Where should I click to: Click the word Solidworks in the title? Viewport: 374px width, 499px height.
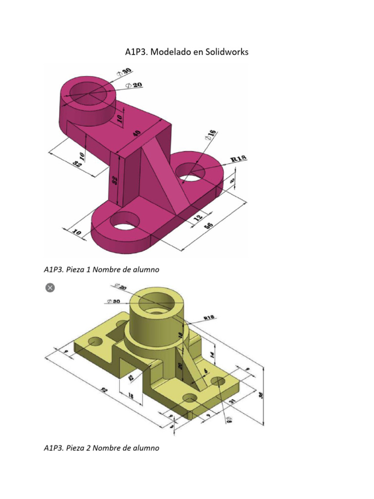pyautogui.click(x=224, y=52)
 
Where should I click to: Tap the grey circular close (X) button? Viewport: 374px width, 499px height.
pyautogui.click(x=49, y=288)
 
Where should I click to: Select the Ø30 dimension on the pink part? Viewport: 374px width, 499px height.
pyautogui.click(x=124, y=74)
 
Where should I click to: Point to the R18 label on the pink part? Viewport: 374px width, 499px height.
pyautogui.click(x=239, y=158)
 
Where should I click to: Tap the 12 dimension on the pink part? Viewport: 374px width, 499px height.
pyautogui.click(x=198, y=219)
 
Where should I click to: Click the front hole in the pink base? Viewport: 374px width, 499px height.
pyautogui.click(x=124, y=222)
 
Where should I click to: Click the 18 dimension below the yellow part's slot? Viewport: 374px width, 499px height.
pyautogui.click(x=131, y=396)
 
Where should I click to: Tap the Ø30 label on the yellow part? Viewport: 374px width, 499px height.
pyautogui.click(x=115, y=301)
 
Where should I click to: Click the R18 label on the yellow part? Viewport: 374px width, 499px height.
pyautogui.click(x=209, y=317)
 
